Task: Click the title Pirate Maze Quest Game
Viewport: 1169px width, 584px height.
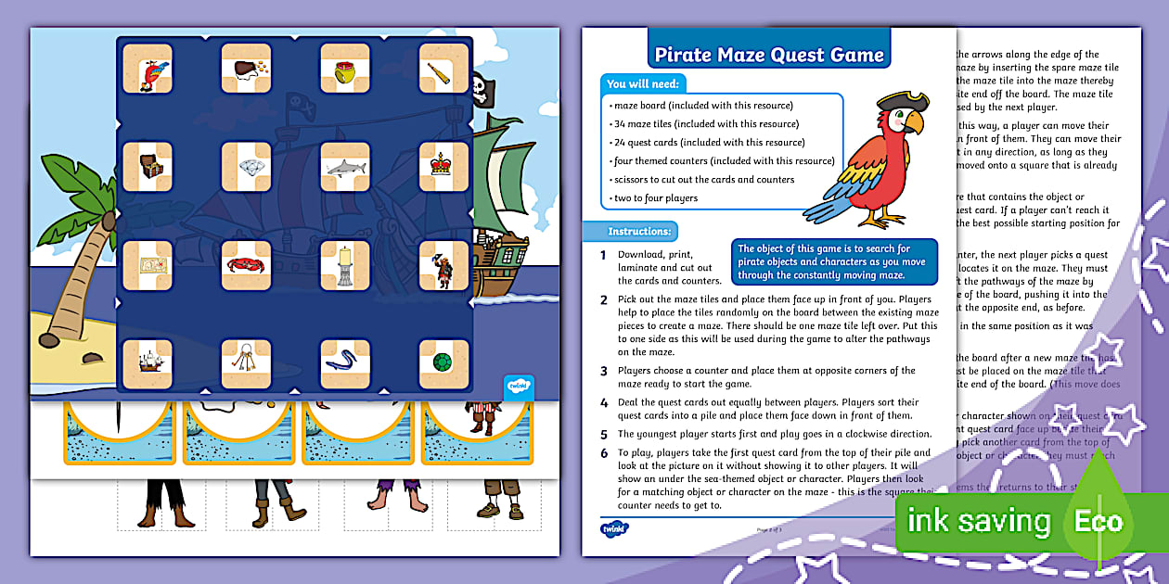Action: (769, 54)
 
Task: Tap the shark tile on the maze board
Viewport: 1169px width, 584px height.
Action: (344, 167)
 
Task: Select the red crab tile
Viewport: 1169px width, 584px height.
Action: (245, 266)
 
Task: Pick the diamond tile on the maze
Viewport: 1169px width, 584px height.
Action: (245, 167)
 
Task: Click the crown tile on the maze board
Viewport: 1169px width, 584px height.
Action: (442, 166)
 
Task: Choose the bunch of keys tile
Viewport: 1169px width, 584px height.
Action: (245, 363)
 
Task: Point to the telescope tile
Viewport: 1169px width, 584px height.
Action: (442, 68)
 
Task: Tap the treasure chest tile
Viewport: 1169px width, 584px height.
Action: (147, 167)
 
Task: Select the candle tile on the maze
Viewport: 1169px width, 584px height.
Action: (344, 266)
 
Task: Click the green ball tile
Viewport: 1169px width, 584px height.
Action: (442, 363)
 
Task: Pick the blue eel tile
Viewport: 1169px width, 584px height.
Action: (344, 363)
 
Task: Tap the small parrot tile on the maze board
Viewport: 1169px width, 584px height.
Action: (147, 69)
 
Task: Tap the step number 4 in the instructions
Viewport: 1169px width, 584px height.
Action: (603, 402)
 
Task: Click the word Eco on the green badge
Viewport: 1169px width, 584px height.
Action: (1098, 522)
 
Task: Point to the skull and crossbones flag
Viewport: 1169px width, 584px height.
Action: (480, 88)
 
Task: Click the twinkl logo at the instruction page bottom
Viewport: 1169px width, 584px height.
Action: (614, 529)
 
